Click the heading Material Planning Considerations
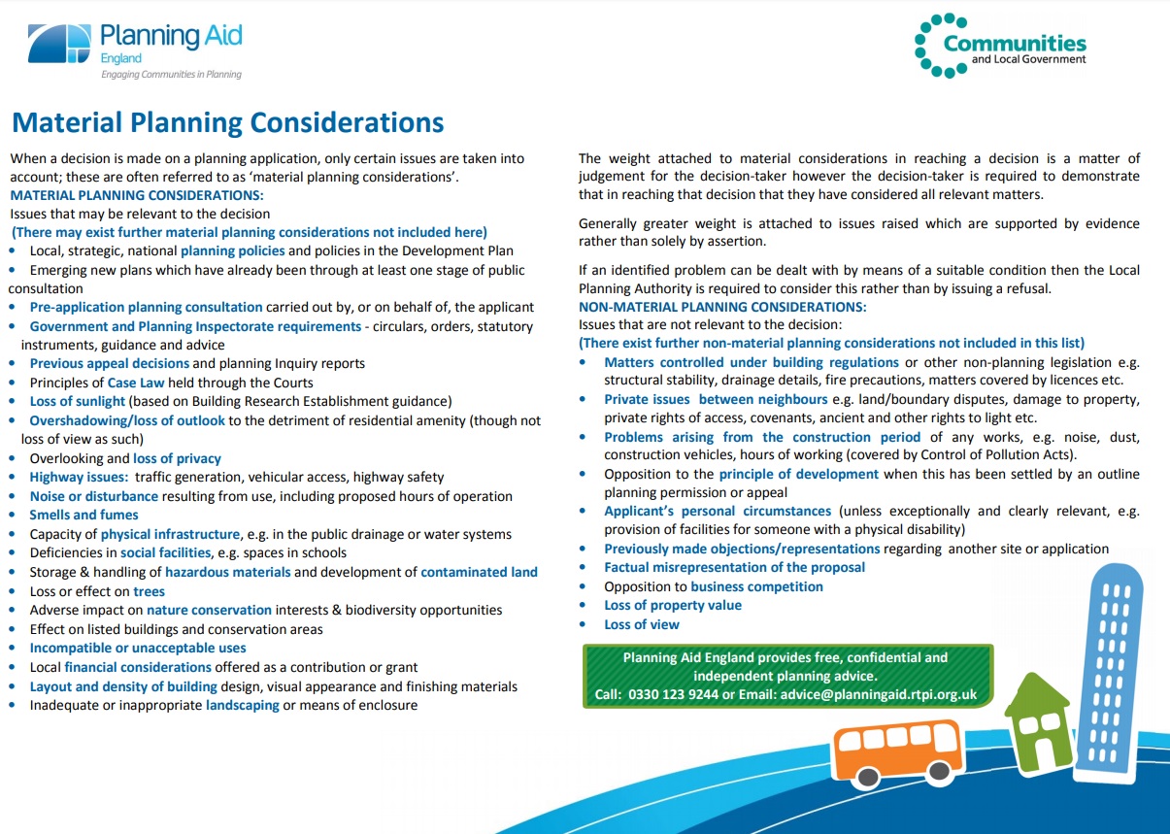pos(227,123)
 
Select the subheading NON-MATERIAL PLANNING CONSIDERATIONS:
pos(722,307)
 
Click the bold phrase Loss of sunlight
pos(78,401)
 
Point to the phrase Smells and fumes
pos(84,515)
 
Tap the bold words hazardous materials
pos(227,572)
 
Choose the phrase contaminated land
pos(479,572)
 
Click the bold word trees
pos(150,591)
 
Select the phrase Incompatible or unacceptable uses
pos(138,648)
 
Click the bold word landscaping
pos(242,705)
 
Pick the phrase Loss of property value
pos(673,605)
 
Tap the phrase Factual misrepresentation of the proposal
pos(734,567)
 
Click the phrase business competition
pos(756,586)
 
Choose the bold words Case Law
pos(136,383)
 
